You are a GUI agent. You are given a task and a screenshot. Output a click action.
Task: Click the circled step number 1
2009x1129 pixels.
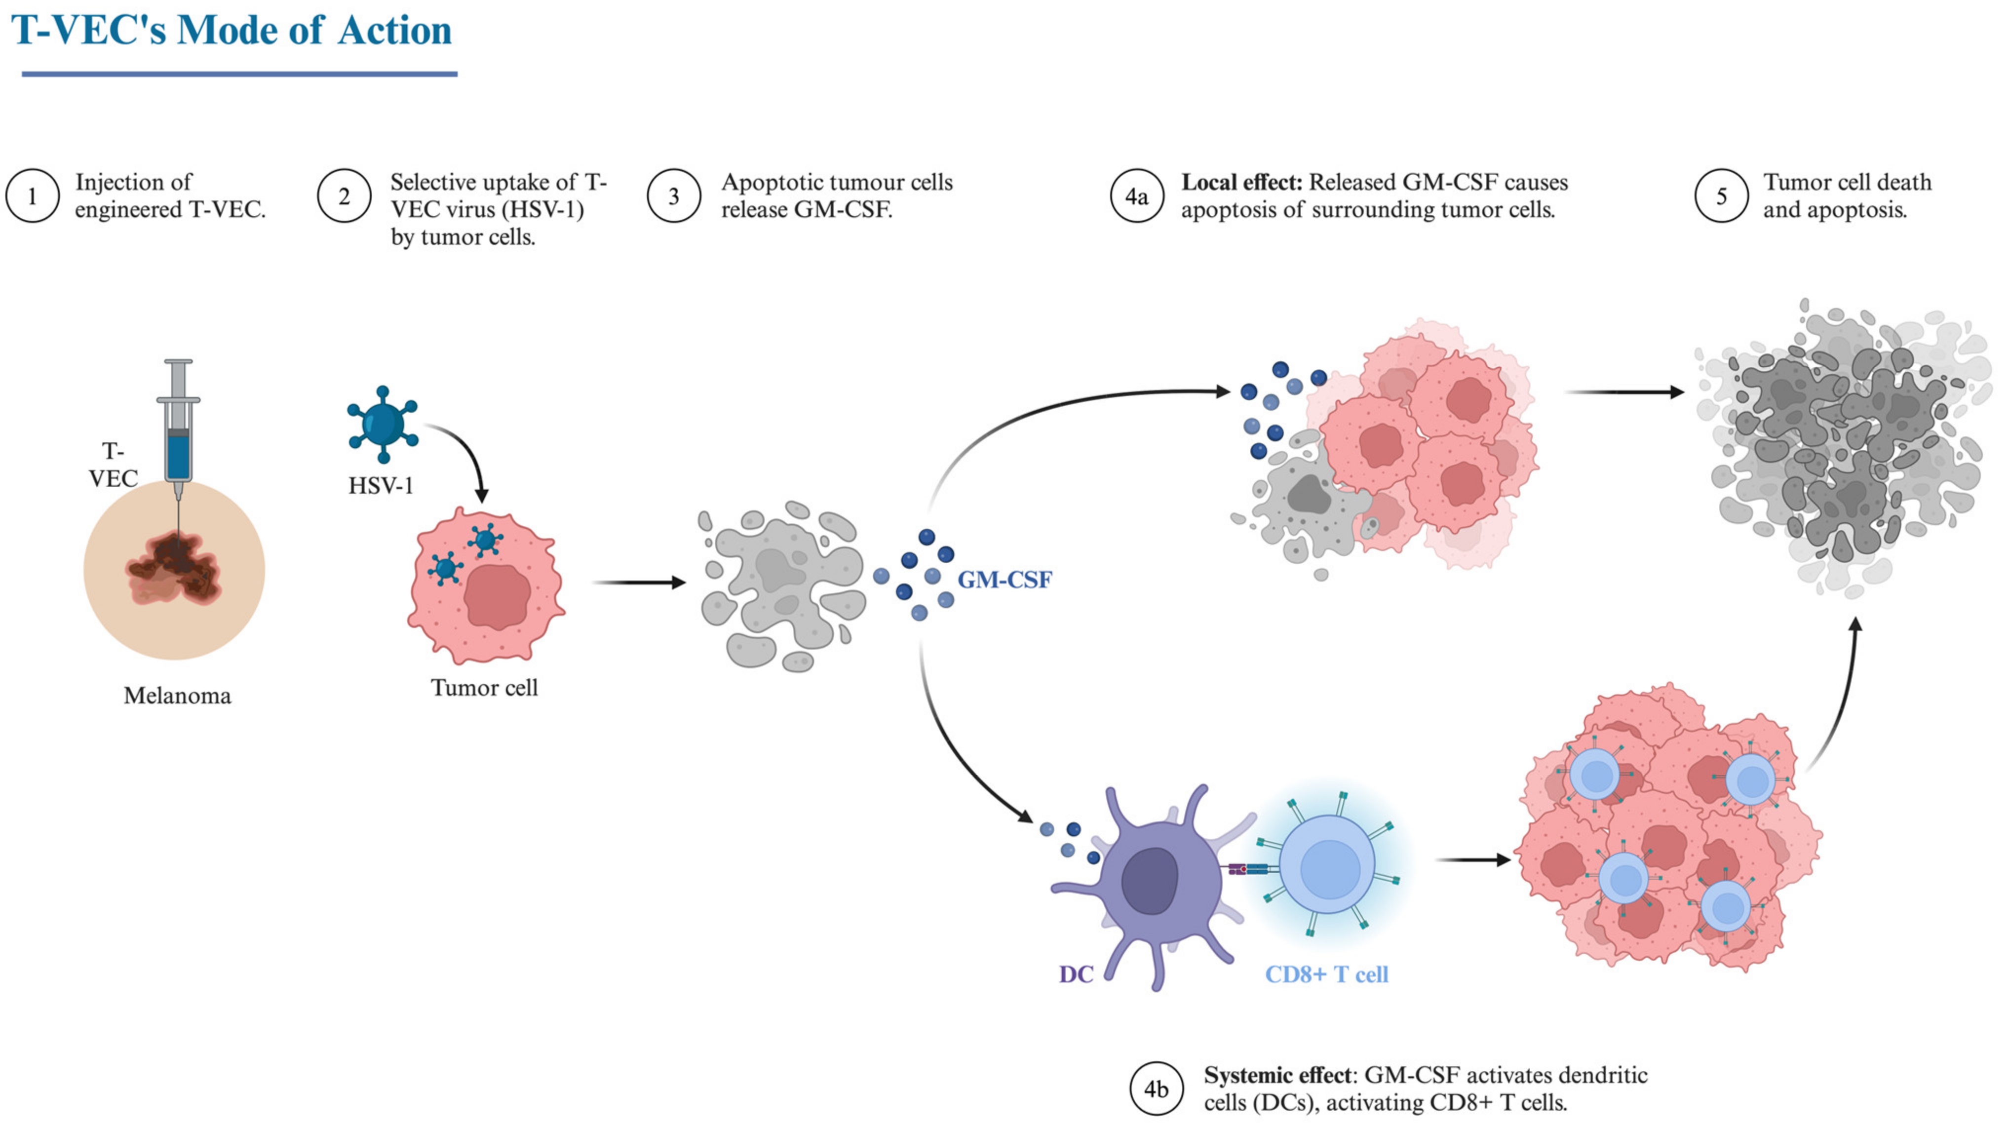point(32,196)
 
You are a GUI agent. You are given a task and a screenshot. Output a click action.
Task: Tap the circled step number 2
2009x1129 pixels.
point(344,196)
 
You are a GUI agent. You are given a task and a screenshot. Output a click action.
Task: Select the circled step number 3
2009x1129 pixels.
point(674,196)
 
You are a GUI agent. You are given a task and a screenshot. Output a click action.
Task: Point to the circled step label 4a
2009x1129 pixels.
point(1136,196)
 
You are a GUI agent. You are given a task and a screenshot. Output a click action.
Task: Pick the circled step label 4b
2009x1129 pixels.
point(1156,1089)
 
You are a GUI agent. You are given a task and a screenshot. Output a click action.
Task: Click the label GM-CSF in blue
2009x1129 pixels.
point(1004,580)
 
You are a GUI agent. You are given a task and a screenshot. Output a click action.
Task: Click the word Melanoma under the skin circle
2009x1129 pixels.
point(177,695)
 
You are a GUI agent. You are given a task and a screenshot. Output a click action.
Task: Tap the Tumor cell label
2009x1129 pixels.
point(484,687)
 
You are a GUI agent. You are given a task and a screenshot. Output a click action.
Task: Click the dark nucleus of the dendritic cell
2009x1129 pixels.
point(1149,880)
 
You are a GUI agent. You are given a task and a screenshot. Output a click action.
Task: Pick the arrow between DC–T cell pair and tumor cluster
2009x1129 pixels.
point(1472,860)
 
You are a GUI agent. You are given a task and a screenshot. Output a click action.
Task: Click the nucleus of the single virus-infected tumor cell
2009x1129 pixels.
point(497,597)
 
